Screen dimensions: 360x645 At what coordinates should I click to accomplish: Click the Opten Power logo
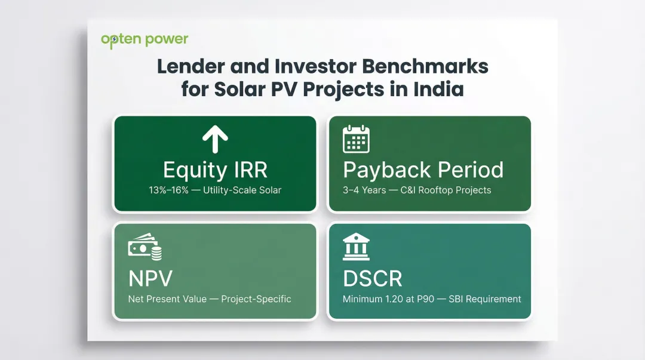[145, 40]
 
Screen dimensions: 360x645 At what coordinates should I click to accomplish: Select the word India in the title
[438, 89]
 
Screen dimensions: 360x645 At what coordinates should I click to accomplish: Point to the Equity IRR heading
[215, 170]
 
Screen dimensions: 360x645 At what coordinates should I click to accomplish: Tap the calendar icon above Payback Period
[357, 139]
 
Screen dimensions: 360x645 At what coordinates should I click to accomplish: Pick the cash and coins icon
[145, 248]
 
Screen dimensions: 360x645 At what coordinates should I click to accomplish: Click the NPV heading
[149, 278]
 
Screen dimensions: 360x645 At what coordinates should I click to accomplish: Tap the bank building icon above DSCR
[356, 247]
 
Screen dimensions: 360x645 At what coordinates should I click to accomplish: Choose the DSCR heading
[373, 278]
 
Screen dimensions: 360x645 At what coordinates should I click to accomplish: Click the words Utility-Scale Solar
[242, 190]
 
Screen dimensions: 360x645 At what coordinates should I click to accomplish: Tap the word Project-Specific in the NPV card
[256, 299]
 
